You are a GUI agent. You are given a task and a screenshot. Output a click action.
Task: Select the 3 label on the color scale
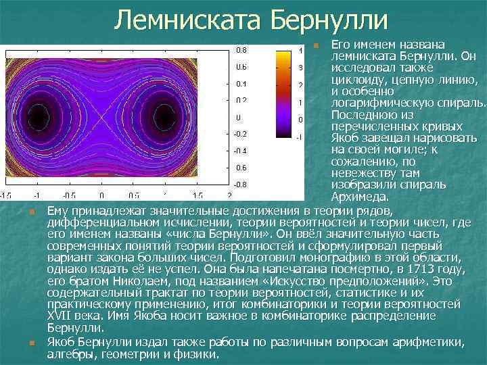300,68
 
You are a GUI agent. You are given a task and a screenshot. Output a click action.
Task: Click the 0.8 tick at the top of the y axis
241,50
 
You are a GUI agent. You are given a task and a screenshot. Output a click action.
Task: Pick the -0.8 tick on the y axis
240,184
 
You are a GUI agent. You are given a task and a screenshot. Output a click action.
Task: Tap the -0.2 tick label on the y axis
240,134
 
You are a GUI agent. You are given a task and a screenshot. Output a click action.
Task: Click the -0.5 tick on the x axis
69,195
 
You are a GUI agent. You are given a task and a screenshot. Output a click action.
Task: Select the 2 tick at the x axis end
230,195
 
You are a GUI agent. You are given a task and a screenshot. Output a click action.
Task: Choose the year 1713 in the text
429,268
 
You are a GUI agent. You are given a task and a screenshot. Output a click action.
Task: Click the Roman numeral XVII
62,316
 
